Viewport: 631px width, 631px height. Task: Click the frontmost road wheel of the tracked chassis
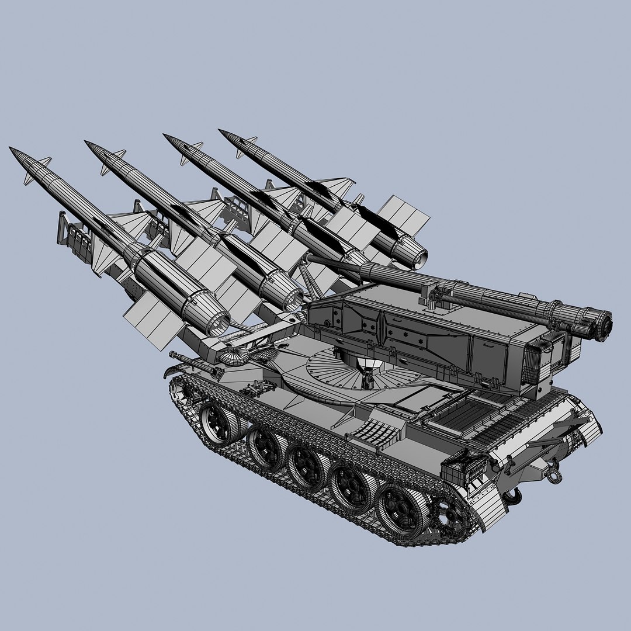tap(218, 422)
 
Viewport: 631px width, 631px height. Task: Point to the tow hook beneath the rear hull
tap(514, 497)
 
